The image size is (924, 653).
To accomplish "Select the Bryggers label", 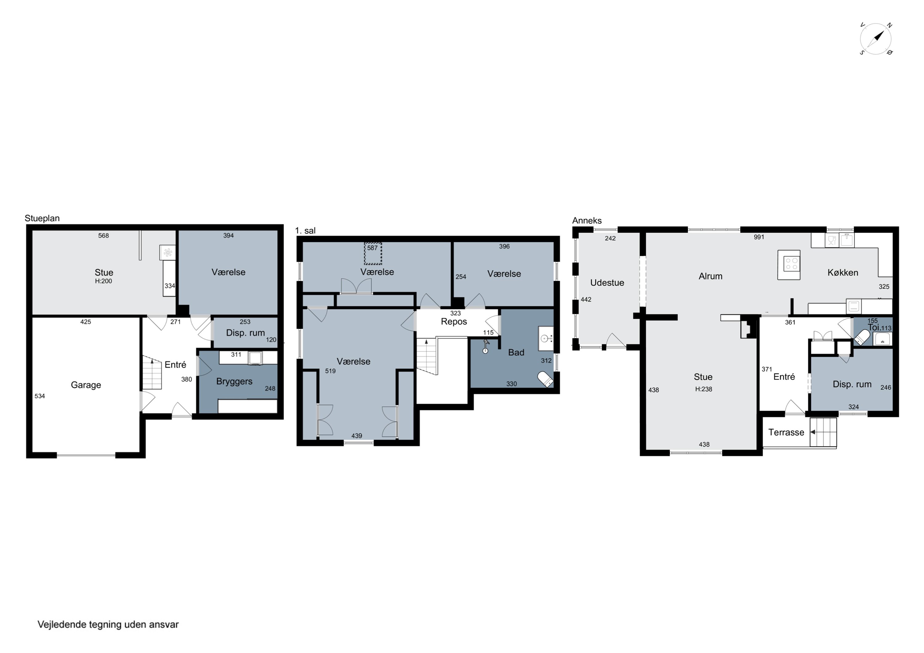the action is [234, 381].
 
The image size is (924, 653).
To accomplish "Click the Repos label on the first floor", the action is [454, 322].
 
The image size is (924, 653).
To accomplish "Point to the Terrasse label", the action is [786, 433].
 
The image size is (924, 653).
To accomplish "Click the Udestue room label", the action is [607, 283].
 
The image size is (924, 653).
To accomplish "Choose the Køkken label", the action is [843, 273].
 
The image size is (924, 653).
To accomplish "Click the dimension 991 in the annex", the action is [759, 237].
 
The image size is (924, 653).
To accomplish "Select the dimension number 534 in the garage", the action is [39, 396].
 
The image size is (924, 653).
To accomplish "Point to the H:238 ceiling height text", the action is [703, 389].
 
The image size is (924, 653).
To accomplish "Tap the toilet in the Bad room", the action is [546, 379].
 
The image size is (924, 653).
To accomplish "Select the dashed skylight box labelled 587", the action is [373, 253].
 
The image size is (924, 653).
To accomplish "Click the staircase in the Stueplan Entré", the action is [152, 373].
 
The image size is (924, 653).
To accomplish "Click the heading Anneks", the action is [587, 220].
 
